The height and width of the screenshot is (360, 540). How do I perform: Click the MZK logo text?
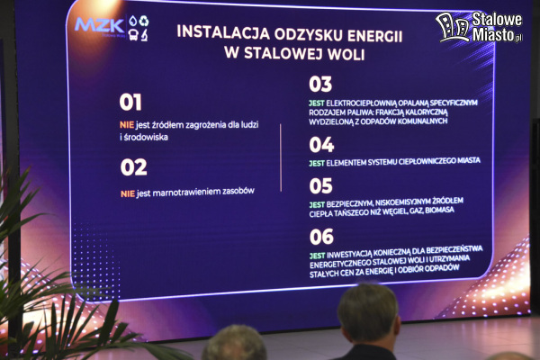pyautogui.click(x=99, y=25)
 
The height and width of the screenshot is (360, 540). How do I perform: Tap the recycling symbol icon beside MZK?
pyautogui.click(x=144, y=21)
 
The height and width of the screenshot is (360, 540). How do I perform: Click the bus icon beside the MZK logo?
pyautogui.click(x=133, y=35)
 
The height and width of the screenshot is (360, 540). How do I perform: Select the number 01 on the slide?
pyautogui.click(x=130, y=103)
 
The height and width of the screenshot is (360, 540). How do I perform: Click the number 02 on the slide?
pyautogui.click(x=133, y=167)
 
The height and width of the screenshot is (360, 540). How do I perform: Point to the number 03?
pyautogui.click(x=320, y=85)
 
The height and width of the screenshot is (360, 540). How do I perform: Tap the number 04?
pyautogui.click(x=321, y=145)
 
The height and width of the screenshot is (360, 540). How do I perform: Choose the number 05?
pyautogui.click(x=320, y=186)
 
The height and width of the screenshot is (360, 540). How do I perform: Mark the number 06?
pyautogui.click(x=321, y=237)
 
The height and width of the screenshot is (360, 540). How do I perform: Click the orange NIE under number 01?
pyautogui.click(x=127, y=125)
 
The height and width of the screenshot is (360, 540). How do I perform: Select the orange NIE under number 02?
pyautogui.click(x=128, y=194)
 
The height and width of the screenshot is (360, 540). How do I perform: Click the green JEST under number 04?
pyautogui.click(x=317, y=163)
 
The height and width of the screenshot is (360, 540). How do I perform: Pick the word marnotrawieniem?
pyautogui.click(x=186, y=193)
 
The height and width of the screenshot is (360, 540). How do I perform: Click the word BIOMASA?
pyautogui.click(x=439, y=210)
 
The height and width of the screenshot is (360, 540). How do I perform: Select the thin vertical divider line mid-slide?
pyautogui.click(x=281, y=157)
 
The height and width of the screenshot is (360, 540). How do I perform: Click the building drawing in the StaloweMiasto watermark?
pyautogui.click(x=452, y=27)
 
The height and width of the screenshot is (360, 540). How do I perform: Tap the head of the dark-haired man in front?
pyautogui.click(x=368, y=314)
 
